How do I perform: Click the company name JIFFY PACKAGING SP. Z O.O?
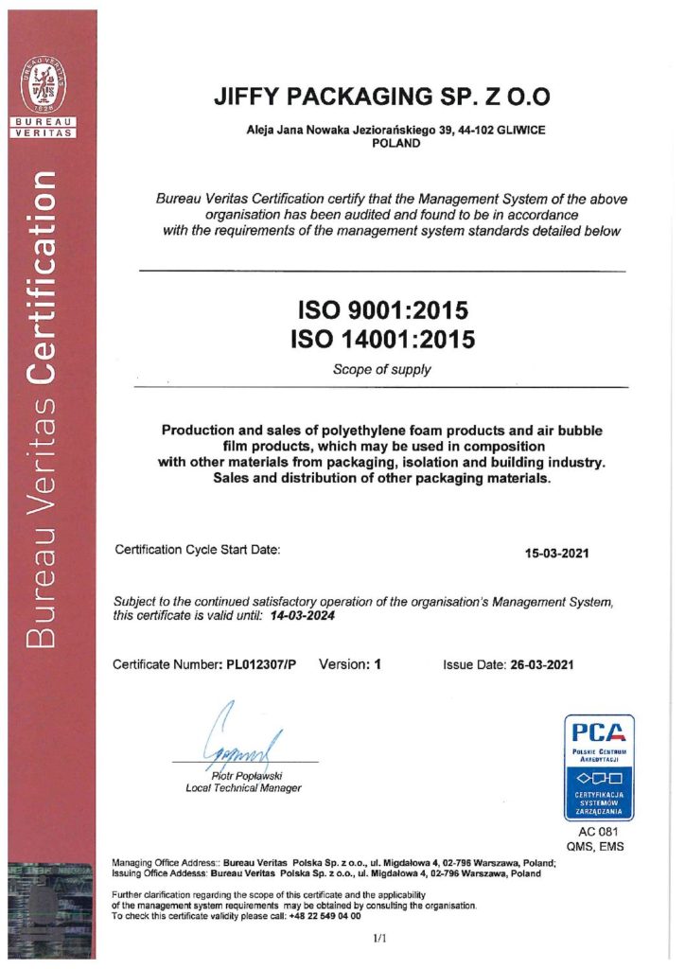click(x=382, y=97)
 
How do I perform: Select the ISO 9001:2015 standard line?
click(x=383, y=310)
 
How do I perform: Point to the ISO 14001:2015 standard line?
click(x=383, y=338)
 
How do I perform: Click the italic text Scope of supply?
click(x=382, y=369)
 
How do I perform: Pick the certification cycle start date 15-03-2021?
click(x=557, y=553)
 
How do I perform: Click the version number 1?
click(x=377, y=664)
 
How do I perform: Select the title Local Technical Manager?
click(x=243, y=788)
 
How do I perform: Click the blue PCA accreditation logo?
click(x=599, y=766)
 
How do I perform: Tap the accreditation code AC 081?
click(x=598, y=833)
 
